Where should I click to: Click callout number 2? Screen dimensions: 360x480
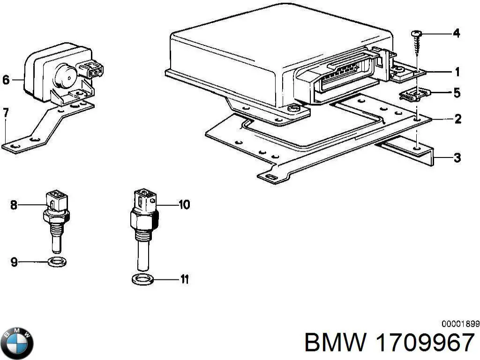(457, 119)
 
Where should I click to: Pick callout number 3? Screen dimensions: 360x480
(457, 158)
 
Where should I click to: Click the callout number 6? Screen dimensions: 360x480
(6, 80)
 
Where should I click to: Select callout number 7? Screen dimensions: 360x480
(6, 112)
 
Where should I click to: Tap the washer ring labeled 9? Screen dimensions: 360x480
(57, 262)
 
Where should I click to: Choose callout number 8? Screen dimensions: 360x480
(14, 204)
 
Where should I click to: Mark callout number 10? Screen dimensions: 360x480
(184, 204)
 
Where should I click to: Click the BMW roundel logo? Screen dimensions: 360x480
(17, 343)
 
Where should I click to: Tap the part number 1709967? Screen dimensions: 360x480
(425, 343)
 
